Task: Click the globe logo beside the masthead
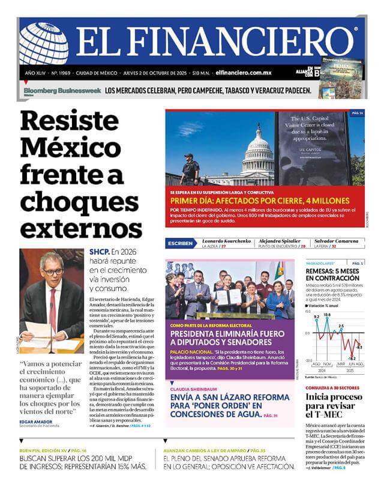tap(43, 43)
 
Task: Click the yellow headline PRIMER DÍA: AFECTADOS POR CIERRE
tap(260, 201)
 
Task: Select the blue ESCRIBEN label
tap(181, 243)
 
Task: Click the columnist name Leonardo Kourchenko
tap(226, 240)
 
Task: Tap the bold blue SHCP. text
tap(99, 252)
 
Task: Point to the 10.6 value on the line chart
tap(327, 315)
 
